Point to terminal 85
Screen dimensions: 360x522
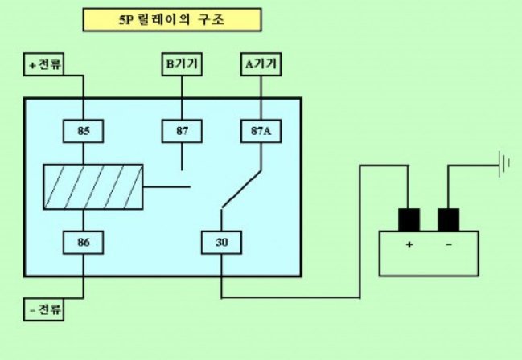(84, 129)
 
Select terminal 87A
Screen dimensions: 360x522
(261, 129)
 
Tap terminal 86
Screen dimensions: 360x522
(84, 240)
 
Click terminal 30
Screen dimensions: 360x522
(220, 240)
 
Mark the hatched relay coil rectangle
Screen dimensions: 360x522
(92, 186)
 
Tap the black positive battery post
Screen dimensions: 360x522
(409, 219)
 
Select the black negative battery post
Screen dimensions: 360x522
(448, 219)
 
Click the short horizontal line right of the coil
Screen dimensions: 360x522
(166, 186)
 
